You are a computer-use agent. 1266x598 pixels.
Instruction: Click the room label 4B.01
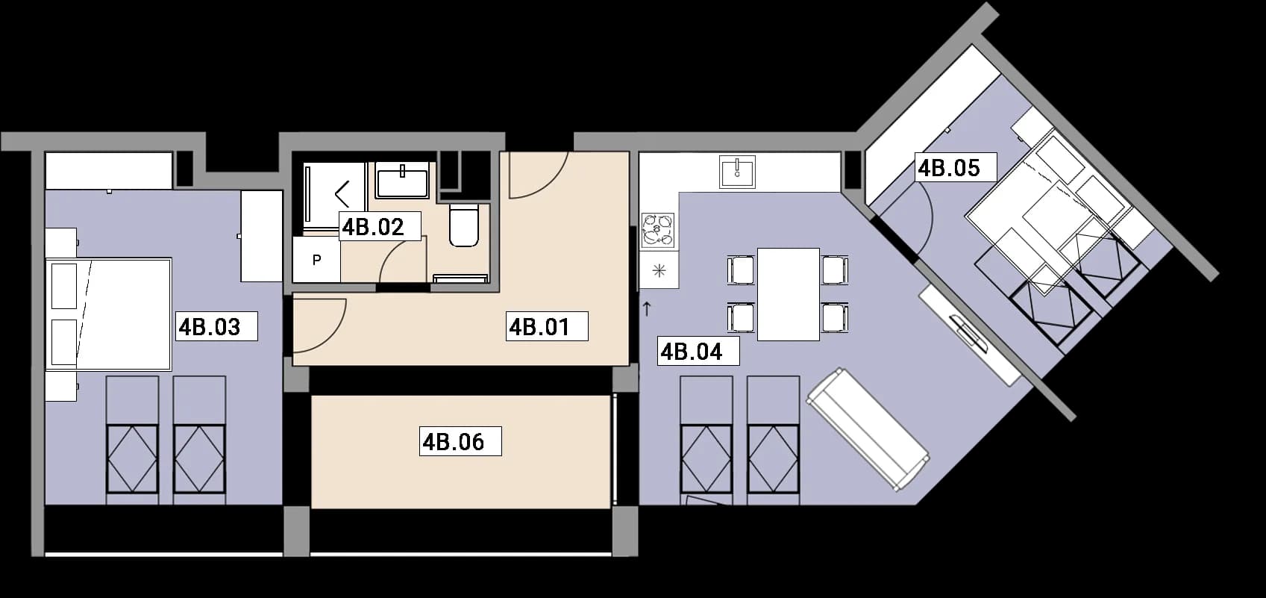point(539,327)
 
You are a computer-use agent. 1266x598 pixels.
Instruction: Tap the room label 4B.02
point(373,227)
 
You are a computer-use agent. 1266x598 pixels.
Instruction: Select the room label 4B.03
point(209,327)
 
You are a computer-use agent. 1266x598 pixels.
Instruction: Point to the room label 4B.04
point(692,352)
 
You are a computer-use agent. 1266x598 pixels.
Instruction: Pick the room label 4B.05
point(949,168)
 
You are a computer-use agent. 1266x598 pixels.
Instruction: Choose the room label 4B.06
point(454,442)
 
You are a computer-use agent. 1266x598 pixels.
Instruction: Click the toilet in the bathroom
point(464,225)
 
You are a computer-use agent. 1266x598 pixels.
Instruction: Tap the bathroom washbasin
point(402,180)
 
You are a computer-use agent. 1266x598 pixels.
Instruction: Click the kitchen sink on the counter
point(737,172)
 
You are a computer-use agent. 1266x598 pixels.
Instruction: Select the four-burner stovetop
point(658,231)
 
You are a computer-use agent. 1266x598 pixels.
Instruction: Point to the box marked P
point(316,260)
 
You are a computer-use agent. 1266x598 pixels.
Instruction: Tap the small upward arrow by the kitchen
point(647,309)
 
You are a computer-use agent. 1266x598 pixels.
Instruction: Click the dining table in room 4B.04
point(788,294)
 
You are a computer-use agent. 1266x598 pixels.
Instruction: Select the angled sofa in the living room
point(868,429)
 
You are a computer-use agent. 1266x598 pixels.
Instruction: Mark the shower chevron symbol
point(342,194)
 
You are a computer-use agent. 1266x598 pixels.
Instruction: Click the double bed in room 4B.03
point(108,314)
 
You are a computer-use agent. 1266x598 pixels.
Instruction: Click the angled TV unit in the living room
point(969,335)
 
